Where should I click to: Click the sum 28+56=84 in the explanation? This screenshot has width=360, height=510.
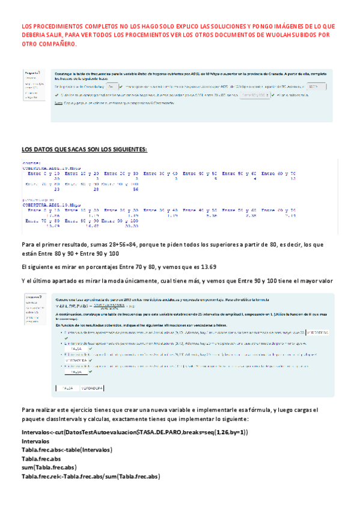[x=120, y=244]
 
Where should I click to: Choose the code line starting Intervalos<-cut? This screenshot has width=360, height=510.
[x=126, y=432]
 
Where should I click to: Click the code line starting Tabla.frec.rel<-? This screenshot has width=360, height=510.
[x=90, y=476]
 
